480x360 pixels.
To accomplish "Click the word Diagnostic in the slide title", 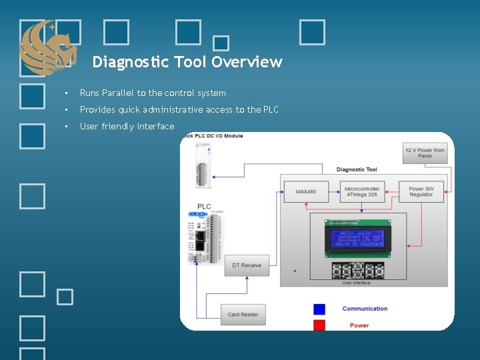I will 131,62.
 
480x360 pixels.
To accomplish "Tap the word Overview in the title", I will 247,62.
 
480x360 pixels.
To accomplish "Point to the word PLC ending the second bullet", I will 270,110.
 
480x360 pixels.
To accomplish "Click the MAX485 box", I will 306,193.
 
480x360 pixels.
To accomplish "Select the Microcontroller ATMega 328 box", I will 362,192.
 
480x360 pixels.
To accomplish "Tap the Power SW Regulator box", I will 421,192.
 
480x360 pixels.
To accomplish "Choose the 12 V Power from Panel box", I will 425,153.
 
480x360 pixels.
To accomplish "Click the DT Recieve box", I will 247,265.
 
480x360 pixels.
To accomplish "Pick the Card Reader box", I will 243,314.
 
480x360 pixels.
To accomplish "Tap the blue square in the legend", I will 319,309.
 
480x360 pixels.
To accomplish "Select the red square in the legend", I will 319,325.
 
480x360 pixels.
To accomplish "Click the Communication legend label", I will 365,309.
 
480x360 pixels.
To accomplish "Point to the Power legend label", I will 359,325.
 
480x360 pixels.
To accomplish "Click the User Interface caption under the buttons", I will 356,283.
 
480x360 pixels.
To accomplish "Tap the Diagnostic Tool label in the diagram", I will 357,169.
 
